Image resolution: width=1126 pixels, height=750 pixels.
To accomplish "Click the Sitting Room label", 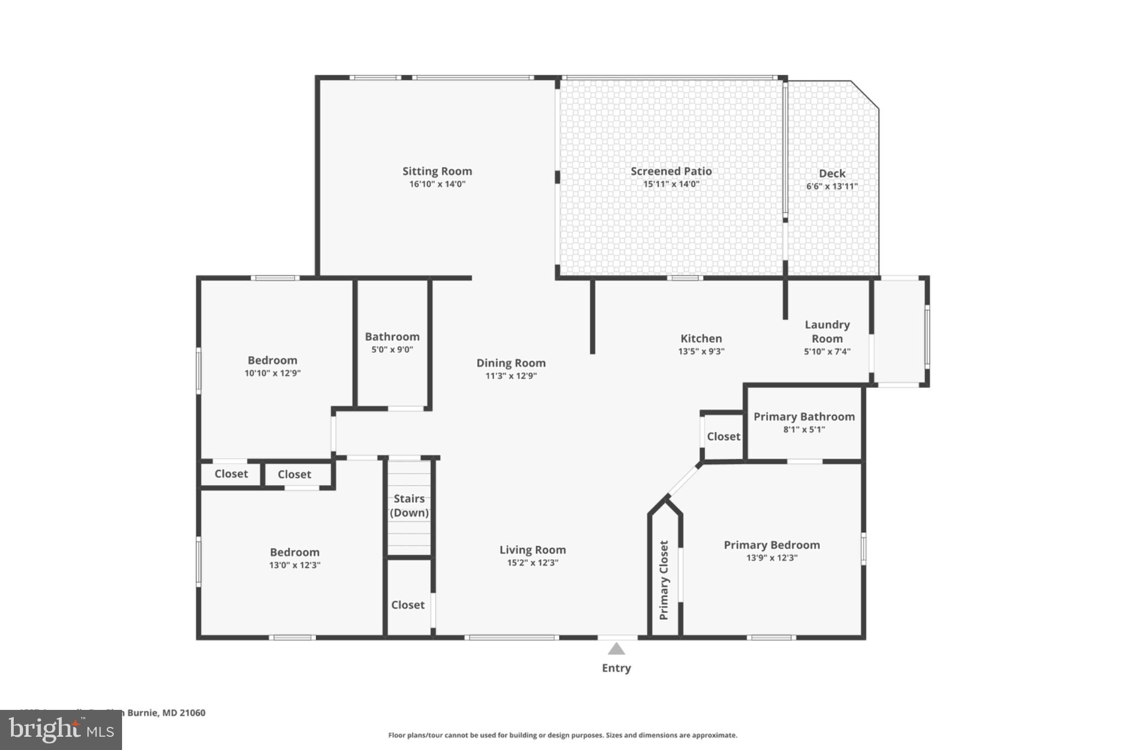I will (x=437, y=171).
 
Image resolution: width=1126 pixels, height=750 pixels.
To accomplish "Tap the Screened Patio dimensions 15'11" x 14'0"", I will (x=671, y=184).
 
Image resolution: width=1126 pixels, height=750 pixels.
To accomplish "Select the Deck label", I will (x=832, y=174).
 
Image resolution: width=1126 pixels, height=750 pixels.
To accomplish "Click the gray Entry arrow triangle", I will (x=616, y=649).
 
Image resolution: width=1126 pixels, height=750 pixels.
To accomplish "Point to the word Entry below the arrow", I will (x=616, y=668).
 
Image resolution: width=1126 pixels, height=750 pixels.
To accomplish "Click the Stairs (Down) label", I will (x=409, y=505).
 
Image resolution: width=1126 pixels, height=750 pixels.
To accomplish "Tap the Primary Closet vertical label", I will (x=664, y=580).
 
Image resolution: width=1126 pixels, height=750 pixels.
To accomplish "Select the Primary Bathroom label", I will (x=804, y=416).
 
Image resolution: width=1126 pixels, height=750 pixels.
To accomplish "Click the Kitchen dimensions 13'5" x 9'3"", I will (x=701, y=352).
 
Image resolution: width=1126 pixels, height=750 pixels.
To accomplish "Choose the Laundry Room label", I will (x=827, y=332).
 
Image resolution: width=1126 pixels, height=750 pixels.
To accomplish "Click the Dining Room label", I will (x=511, y=363).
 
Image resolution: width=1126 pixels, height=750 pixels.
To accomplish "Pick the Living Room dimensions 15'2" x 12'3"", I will (x=532, y=563).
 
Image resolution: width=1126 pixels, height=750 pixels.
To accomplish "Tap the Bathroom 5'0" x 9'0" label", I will (x=392, y=342).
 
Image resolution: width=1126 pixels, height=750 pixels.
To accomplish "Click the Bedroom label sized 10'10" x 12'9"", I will (x=272, y=360).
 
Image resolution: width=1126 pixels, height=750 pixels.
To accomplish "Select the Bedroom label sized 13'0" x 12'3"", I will (x=294, y=552).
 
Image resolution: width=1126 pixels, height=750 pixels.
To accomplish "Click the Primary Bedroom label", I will (x=771, y=545).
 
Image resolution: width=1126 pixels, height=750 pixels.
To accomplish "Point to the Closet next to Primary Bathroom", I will (x=724, y=436).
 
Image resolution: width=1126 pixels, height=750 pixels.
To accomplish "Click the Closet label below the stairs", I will (x=407, y=605).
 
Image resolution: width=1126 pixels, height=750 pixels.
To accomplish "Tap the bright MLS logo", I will (x=61, y=730).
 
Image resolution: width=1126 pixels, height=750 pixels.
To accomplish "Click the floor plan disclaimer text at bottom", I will (x=562, y=735).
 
